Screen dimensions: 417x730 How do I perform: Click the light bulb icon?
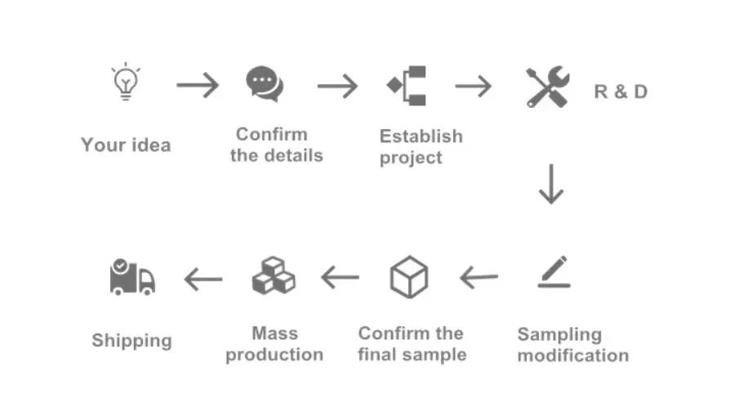click(125, 83)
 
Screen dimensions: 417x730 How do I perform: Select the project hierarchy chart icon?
click(407, 86)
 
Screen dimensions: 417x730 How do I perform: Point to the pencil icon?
click(554, 272)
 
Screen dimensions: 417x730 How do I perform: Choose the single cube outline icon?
click(409, 278)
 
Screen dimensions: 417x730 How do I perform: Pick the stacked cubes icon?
click(273, 276)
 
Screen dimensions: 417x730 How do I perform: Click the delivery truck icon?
click(131, 277)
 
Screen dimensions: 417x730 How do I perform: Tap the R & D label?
click(621, 92)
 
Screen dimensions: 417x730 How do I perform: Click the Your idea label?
click(126, 146)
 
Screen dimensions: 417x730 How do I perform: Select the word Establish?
click(421, 137)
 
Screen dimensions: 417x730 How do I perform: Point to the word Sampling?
click(559, 334)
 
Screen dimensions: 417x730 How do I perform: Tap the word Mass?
click(274, 334)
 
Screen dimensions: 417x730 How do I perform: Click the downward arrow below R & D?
click(551, 184)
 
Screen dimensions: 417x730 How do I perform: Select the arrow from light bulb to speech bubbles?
click(198, 85)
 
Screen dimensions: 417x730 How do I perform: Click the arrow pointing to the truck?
click(203, 280)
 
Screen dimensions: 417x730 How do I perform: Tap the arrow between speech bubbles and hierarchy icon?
click(337, 85)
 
